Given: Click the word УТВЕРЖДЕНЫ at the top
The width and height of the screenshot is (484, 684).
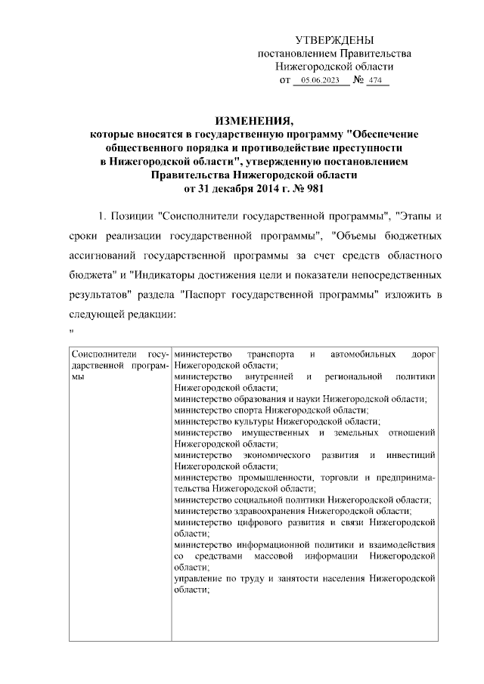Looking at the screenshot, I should (334, 40).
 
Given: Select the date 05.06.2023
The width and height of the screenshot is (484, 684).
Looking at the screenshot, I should (320, 80).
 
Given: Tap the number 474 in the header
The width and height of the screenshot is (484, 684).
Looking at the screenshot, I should (377, 80).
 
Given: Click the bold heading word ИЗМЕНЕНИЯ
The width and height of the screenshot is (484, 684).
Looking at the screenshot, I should (252, 121).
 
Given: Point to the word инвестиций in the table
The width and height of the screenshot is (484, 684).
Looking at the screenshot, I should (411, 455).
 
